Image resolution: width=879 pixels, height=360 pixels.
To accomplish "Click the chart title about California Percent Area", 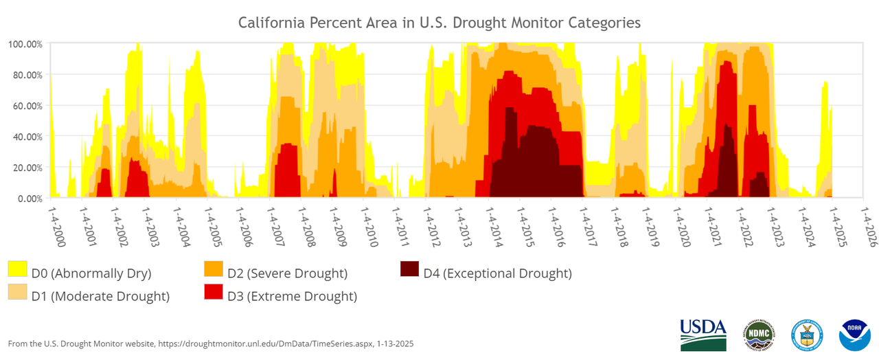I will tap(439, 23).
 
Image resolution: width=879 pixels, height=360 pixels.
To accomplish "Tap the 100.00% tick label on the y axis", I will tap(25, 44).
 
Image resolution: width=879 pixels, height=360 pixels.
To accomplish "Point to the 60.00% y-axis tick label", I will tap(27, 106).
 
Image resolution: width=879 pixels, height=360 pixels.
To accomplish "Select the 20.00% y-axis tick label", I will tap(27, 168).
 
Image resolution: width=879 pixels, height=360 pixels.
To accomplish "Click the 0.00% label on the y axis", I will tap(30, 199).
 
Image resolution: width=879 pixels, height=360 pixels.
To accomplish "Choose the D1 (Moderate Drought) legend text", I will tap(100, 297).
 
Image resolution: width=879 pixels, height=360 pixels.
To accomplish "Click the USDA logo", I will tap(703, 335).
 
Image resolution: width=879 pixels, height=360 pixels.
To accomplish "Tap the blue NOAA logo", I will tap(854, 335).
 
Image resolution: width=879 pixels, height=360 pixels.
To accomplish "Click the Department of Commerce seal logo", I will tap(807, 335).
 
